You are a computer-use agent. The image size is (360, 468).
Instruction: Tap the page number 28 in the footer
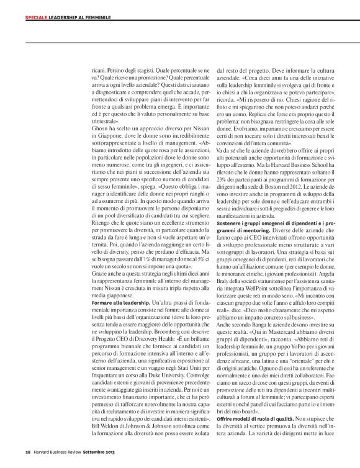(20, 451)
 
